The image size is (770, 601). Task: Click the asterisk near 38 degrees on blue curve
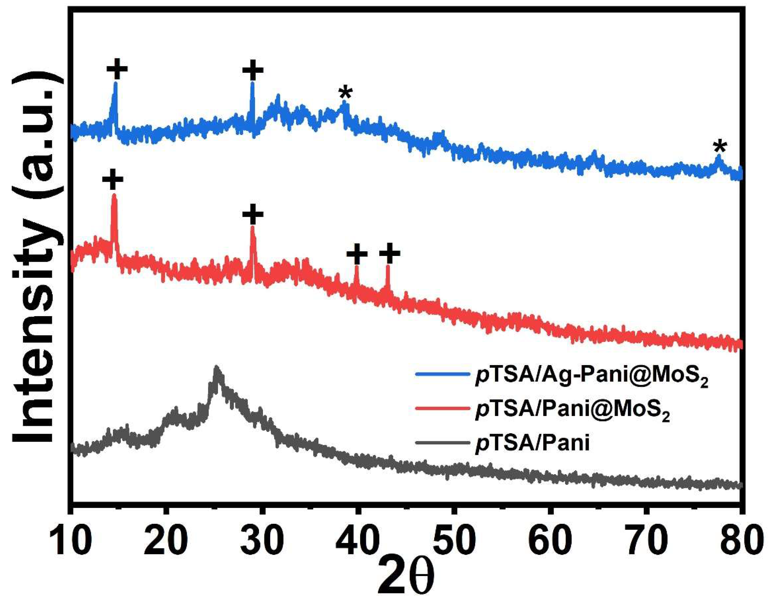[345, 94]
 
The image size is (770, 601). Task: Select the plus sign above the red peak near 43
[390, 253]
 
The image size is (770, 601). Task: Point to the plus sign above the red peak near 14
[113, 180]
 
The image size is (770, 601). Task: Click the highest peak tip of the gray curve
[216, 368]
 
